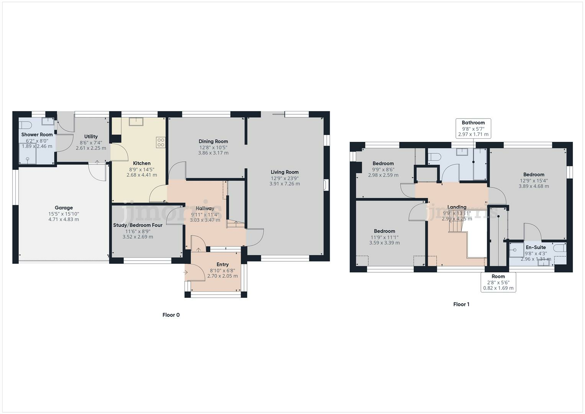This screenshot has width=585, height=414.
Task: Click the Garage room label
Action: [x=64, y=208]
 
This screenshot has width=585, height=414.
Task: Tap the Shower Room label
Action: [x=37, y=135]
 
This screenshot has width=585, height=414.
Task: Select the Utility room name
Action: [x=91, y=136]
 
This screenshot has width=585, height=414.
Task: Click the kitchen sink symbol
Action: [x=136, y=122]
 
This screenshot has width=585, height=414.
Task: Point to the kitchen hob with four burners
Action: [x=161, y=143]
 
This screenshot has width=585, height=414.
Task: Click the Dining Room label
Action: [x=213, y=141]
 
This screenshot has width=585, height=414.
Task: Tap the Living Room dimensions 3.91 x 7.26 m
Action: [x=284, y=184]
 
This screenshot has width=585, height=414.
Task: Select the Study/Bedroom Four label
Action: [x=138, y=225]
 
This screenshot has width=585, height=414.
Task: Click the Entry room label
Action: [x=222, y=264]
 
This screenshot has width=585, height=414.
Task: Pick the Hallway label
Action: [x=205, y=209]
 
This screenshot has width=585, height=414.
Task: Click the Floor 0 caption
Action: [x=171, y=315]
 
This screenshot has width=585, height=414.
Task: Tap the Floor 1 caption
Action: [x=461, y=304]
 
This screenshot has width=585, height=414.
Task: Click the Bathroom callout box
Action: [x=473, y=128]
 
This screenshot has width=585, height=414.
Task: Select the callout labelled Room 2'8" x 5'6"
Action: [x=498, y=282]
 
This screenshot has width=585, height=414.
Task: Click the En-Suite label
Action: [x=536, y=247]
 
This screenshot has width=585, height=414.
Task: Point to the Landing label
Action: [x=457, y=207]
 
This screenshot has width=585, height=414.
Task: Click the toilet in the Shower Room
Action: [x=25, y=125]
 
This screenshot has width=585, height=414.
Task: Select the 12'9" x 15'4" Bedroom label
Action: [x=534, y=174]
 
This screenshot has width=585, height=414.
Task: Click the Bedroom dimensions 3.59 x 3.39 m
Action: [x=384, y=243]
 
